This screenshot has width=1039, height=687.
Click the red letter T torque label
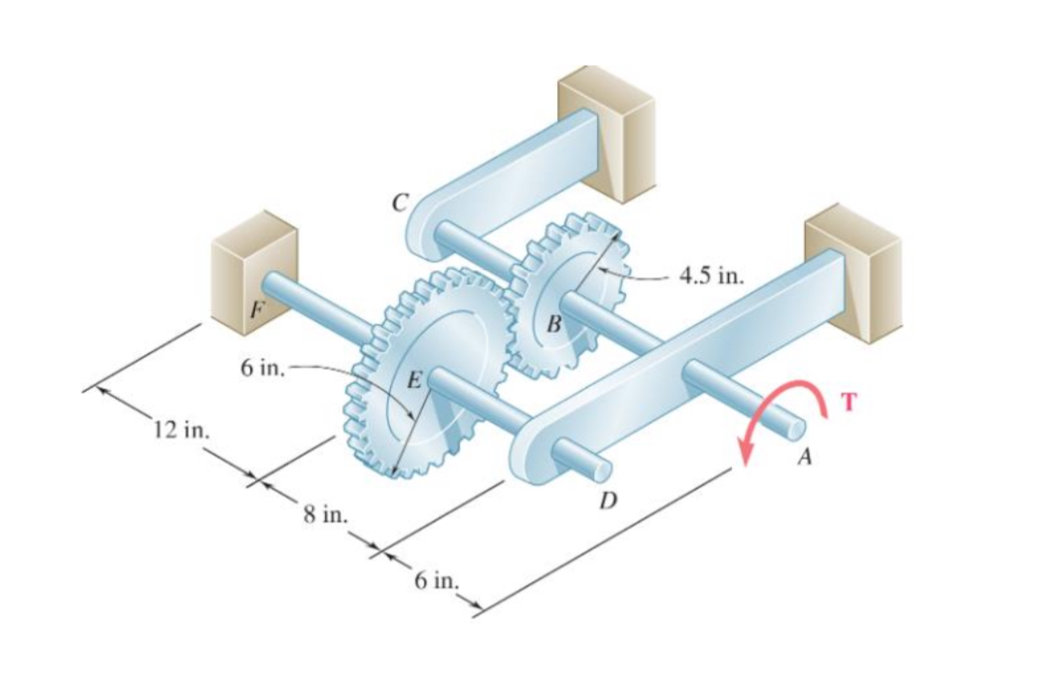(x=850, y=402)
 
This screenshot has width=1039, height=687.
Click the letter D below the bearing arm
(x=605, y=499)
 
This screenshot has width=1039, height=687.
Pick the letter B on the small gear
(x=554, y=323)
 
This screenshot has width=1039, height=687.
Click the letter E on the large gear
(x=415, y=376)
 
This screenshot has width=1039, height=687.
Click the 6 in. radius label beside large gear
(x=262, y=369)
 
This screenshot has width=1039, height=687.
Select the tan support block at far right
(x=854, y=269)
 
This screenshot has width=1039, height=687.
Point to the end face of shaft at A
(x=794, y=428)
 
